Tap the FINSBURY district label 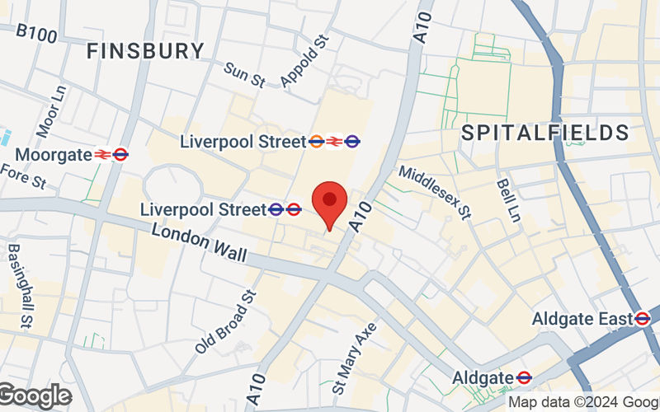(145, 50)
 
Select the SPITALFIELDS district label (545, 132)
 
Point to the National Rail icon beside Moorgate (102, 154)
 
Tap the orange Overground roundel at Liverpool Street (316, 142)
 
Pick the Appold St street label (304, 61)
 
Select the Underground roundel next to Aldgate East (643, 318)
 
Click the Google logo (35, 396)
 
